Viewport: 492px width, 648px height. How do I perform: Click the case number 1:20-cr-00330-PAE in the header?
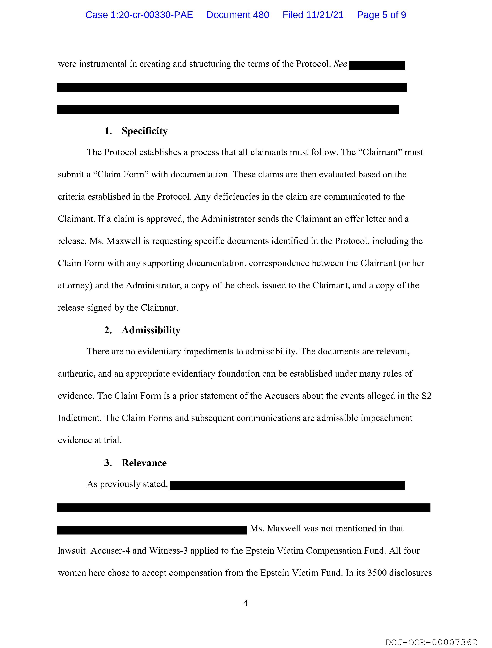(x=139, y=15)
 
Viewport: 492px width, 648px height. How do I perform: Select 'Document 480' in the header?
(x=238, y=15)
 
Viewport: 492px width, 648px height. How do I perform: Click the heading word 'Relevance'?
(x=144, y=463)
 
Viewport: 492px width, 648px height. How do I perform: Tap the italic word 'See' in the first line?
(x=340, y=64)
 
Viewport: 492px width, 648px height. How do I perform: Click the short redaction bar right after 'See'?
(x=377, y=65)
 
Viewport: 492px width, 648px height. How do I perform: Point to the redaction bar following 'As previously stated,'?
(x=287, y=485)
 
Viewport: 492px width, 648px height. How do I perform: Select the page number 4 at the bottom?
(x=246, y=603)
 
